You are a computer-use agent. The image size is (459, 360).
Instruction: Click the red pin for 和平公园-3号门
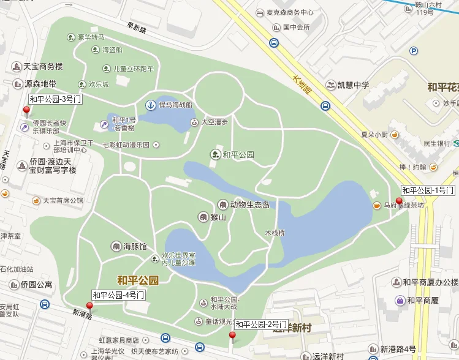(x=26, y=111)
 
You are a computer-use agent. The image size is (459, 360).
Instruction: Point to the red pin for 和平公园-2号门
(x=232, y=336)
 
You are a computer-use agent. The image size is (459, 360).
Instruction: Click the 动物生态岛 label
(x=249, y=204)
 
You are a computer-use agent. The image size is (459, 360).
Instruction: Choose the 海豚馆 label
(x=135, y=246)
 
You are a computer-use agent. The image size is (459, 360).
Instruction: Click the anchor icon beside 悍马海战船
(x=150, y=105)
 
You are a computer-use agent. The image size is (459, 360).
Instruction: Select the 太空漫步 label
(x=214, y=122)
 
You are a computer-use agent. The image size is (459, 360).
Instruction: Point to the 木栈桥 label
(x=275, y=233)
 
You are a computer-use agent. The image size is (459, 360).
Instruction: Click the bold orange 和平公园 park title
(x=138, y=280)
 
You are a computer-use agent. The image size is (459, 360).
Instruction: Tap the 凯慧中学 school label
(x=351, y=85)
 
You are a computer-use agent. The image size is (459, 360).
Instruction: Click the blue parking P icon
(x=414, y=51)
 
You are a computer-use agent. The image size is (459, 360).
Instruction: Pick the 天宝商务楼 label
(x=44, y=66)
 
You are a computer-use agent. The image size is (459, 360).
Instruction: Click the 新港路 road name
(x=82, y=314)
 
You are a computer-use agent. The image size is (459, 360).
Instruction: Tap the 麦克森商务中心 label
(x=289, y=12)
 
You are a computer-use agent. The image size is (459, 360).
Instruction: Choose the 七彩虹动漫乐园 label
(x=126, y=145)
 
